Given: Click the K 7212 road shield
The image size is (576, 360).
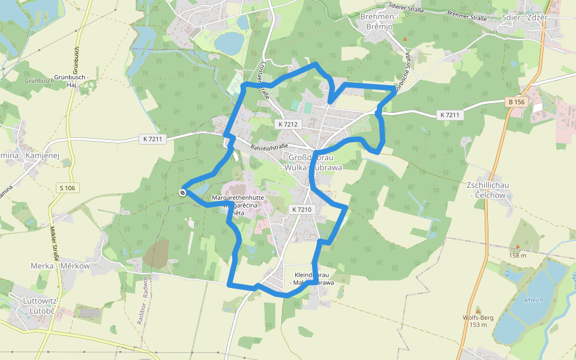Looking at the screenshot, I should (288, 124).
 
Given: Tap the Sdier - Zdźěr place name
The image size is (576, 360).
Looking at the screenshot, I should (524, 17).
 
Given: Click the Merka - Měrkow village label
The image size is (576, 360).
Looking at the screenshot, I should (60, 266).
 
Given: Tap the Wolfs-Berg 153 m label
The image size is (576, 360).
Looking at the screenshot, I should (478, 321).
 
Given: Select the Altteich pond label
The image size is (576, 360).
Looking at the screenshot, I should (533, 299).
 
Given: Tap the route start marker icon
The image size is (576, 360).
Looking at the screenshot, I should (182, 192).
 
